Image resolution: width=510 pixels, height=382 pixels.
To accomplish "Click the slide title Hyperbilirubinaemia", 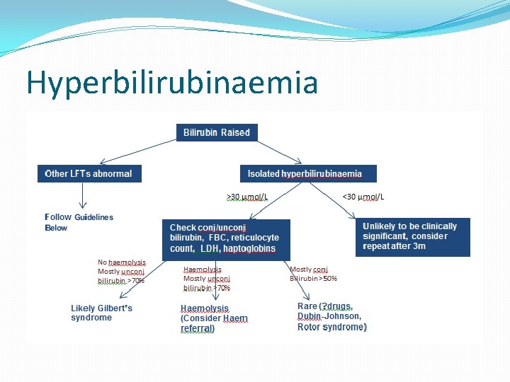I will tap(171, 83).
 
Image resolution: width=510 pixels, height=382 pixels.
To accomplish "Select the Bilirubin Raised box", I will tap(216, 133).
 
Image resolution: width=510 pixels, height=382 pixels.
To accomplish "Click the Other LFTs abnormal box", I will tap(89, 173).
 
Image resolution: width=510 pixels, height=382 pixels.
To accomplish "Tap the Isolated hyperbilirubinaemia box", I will tap(305, 173).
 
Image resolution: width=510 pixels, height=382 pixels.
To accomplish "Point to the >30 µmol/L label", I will tap(246, 197).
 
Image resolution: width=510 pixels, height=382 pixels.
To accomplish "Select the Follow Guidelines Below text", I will tap(79, 222).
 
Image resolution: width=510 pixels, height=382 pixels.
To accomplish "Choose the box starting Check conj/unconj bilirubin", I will tap(225, 238).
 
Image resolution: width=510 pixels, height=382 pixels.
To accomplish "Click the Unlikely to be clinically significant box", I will tap(412, 236).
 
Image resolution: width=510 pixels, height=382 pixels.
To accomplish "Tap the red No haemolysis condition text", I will tap(121, 271).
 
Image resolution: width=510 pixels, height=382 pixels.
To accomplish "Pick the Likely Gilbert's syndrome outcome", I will tap(101, 313).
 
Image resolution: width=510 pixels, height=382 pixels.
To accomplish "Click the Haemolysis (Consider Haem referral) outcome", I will tap(214, 318).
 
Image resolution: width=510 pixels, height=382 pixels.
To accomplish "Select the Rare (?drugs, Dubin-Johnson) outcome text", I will tap(331, 317).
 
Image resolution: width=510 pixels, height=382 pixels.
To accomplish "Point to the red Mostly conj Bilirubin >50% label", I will tap(313, 274).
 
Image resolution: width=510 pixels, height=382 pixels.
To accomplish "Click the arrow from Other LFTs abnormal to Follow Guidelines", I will tap(84, 194).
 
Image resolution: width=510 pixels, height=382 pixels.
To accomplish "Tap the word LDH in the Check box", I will tap(209, 249).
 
